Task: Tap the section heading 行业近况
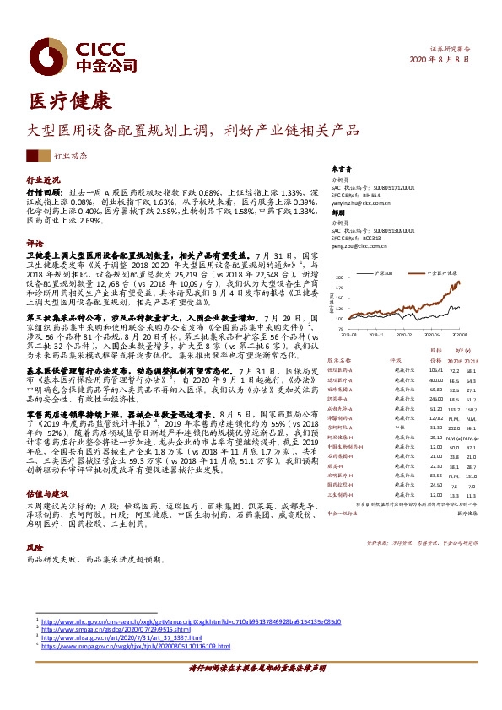(x=44, y=180)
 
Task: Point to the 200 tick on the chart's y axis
(x=338, y=278)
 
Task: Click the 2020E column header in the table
(x=455, y=358)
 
